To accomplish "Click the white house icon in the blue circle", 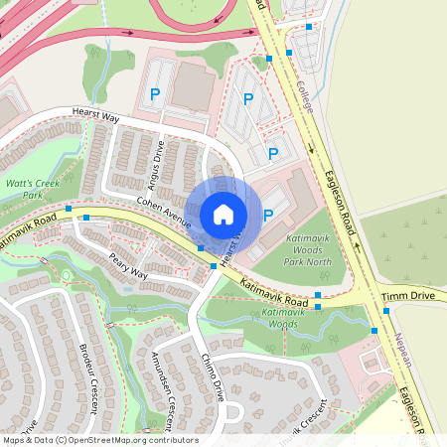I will [x=223, y=214].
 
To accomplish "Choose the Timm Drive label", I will [x=409, y=296].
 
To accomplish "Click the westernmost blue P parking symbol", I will [x=154, y=94].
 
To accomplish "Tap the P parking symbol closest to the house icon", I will [x=268, y=214].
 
